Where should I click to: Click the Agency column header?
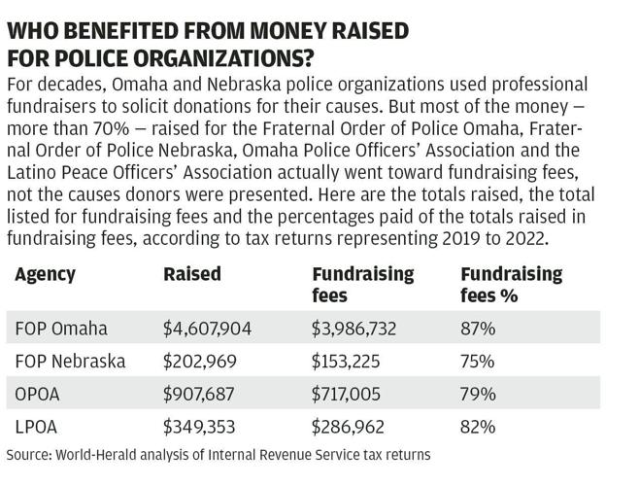click(45, 274)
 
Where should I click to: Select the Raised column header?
click(192, 274)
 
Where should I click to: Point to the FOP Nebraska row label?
click(70, 362)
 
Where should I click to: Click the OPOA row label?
click(39, 394)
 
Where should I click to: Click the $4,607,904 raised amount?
click(207, 329)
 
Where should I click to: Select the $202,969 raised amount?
click(198, 362)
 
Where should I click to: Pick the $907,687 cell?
click(198, 394)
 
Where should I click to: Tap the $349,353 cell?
click(199, 426)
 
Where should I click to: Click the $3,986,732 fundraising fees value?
click(353, 329)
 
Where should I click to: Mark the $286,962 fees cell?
click(347, 426)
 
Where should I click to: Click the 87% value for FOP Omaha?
click(478, 329)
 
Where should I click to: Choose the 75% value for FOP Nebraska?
click(478, 362)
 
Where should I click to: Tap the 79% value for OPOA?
click(478, 394)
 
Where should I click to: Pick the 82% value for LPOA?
click(478, 426)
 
